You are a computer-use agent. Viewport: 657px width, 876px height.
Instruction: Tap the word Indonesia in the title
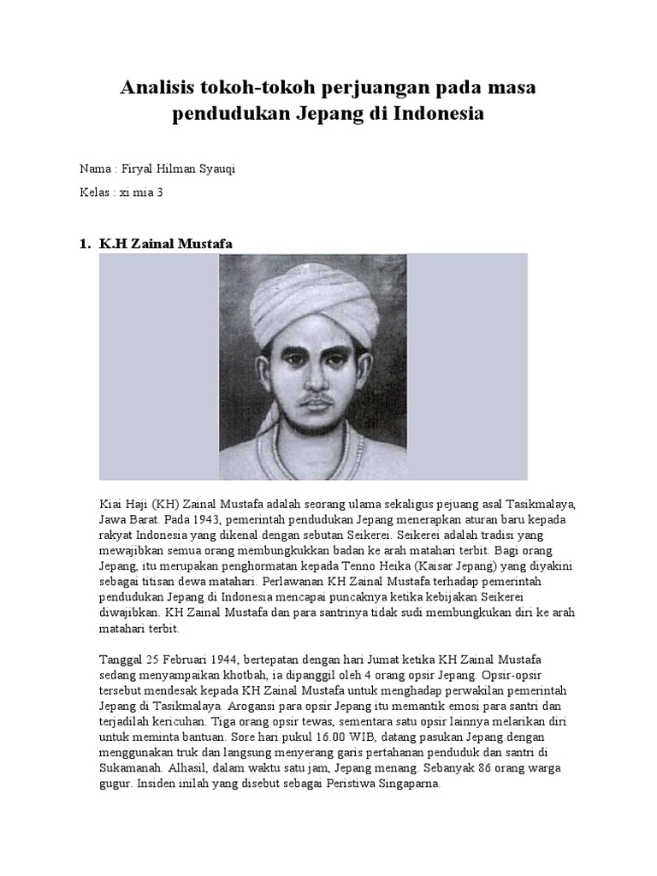coord(439,113)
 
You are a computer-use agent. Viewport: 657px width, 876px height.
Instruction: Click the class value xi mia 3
coord(140,192)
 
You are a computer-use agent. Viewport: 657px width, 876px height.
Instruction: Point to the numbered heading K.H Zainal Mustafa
coord(165,245)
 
